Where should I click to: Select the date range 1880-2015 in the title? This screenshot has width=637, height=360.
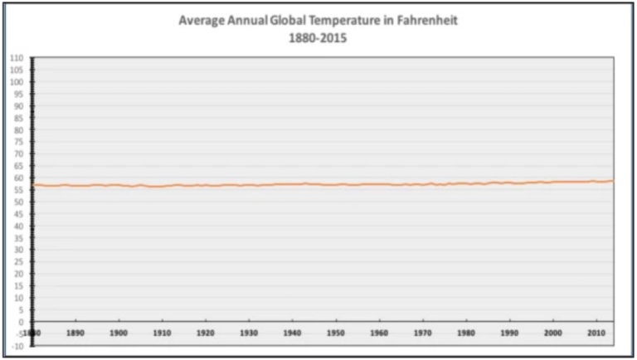coord(318,37)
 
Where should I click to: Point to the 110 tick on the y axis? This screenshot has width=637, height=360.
coord(16,59)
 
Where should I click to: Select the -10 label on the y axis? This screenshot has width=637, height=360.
coord(16,346)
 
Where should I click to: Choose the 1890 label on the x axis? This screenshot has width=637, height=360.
coord(75,333)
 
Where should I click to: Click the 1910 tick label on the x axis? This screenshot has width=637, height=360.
coord(163,333)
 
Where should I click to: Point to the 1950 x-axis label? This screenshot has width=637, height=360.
coord(335,333)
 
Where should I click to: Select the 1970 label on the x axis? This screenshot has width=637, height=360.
coord(422,333)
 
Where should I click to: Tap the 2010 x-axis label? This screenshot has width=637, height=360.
coord(596,333)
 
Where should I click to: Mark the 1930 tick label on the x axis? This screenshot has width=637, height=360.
coord(249,333)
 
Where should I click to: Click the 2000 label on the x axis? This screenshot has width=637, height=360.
coord(552,333)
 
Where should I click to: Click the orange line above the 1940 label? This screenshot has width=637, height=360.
coord(292,184)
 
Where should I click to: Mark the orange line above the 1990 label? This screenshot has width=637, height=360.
coord(509,182)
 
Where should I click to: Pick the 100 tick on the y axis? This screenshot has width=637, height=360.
coord(16,83)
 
